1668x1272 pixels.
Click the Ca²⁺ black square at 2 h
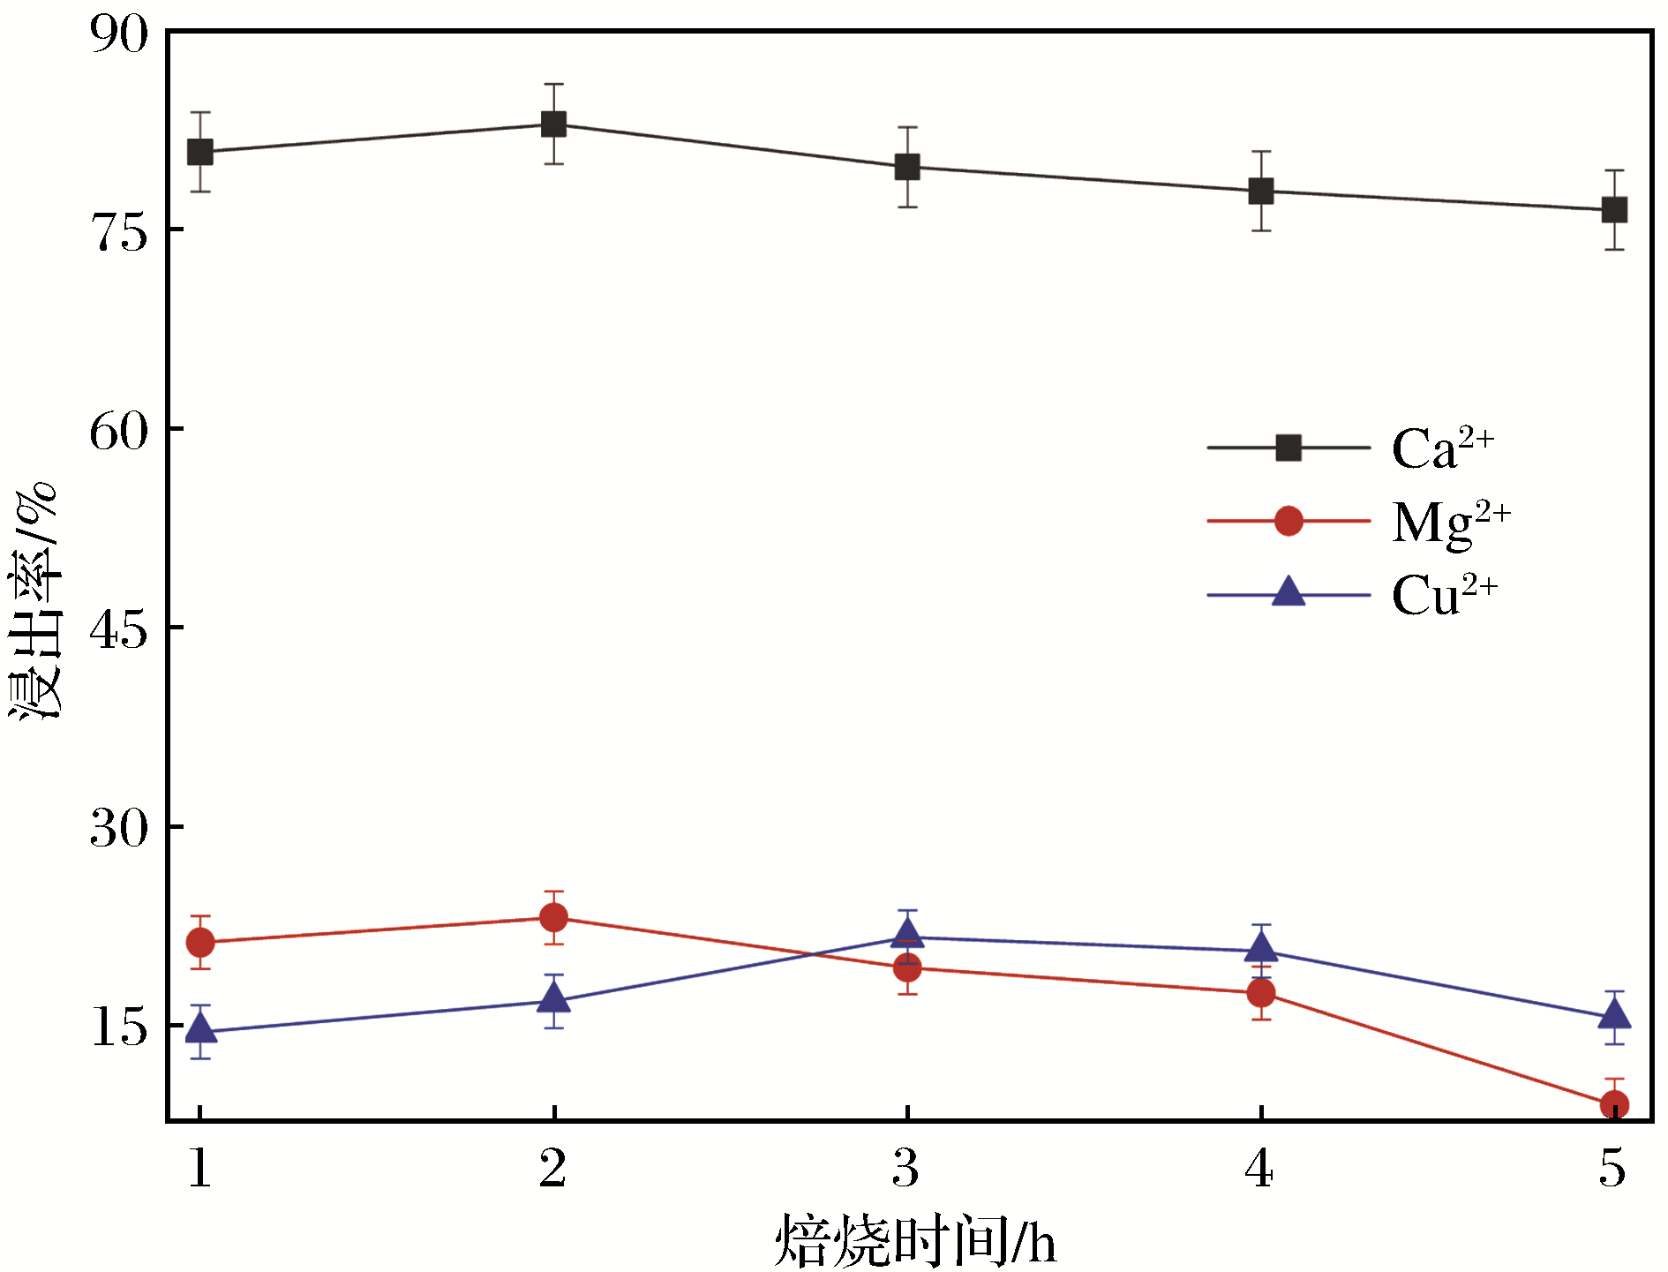[553, 124]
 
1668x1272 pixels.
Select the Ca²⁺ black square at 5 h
[1614, 210]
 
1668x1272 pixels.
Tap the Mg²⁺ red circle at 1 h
[200, 943]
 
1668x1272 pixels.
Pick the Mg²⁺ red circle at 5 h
[1614, 1104]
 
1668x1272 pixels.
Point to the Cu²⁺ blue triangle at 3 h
[907, 934]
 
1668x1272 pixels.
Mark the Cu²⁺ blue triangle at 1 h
[200, 1028]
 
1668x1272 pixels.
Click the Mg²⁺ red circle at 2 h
[553, 918]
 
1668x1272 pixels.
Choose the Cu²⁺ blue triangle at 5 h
[1614, 1015]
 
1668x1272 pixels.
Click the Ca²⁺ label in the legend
[1442, 448]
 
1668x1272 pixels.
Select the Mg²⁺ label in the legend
[1450, 523]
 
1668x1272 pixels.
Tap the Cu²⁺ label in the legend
[1444, 595]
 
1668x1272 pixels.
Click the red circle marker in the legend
[1289, 521]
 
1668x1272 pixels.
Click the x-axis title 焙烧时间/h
[915, 1241]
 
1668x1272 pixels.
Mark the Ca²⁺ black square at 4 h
[1261, 191]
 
